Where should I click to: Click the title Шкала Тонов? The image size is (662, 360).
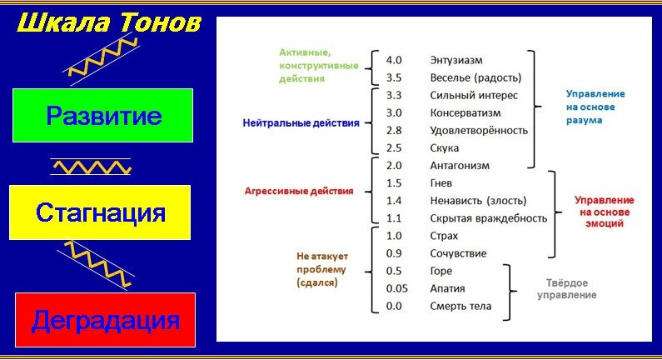109,22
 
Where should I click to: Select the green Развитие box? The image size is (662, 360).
103,116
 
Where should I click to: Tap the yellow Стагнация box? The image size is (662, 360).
101,212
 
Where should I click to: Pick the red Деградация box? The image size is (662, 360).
105,320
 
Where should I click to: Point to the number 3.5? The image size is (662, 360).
395,78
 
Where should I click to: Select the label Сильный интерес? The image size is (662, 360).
474,95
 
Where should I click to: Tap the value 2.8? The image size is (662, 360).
395,131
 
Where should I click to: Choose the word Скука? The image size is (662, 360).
446,148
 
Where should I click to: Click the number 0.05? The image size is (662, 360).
396,288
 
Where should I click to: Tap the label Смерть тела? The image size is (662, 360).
460,306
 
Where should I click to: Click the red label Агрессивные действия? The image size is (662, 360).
298,191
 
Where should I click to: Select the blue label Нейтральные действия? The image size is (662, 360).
301,122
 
